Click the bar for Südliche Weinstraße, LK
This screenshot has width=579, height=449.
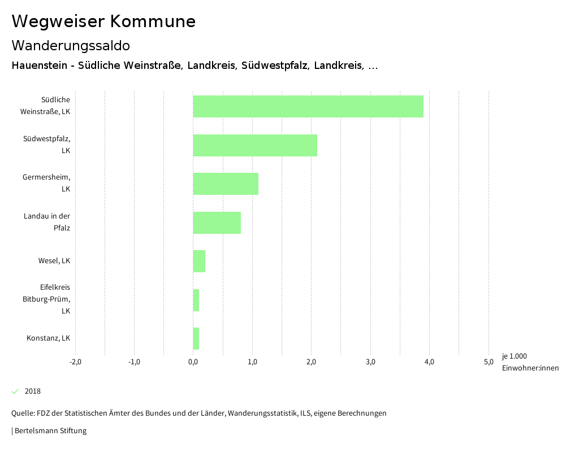tap(308, 106)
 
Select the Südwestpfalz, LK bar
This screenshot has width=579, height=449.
tap(255, 145)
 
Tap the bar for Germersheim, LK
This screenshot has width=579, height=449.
tap(226, 184)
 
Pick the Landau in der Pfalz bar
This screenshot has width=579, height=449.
tap(217, 223)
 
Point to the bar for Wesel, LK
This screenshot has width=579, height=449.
tap(199, 261)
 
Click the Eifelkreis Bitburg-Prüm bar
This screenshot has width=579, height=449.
tap(196, 300)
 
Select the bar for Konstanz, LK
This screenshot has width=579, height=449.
tap(196, 338)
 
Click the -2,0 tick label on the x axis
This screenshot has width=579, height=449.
tap(75, 362)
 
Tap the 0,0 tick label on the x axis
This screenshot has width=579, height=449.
tap(193, 362)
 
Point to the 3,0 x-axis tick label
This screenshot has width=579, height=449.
tap(370, 362)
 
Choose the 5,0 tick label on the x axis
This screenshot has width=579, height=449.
tap(489, 362)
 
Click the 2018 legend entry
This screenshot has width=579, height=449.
tap(33, 391)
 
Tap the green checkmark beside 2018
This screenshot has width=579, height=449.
tap(15, 391)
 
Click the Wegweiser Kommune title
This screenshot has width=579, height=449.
tap(103, 21)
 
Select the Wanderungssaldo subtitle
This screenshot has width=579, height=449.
tap(71, 45)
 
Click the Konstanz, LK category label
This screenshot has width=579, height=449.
tap(48, 338)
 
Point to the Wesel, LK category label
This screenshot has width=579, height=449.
tap(54, 261)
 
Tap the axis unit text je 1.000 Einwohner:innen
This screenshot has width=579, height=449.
tap(530, 362)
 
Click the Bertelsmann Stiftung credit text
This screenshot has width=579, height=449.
tap(50, 431)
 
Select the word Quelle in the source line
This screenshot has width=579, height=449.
tap(23, 413)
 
